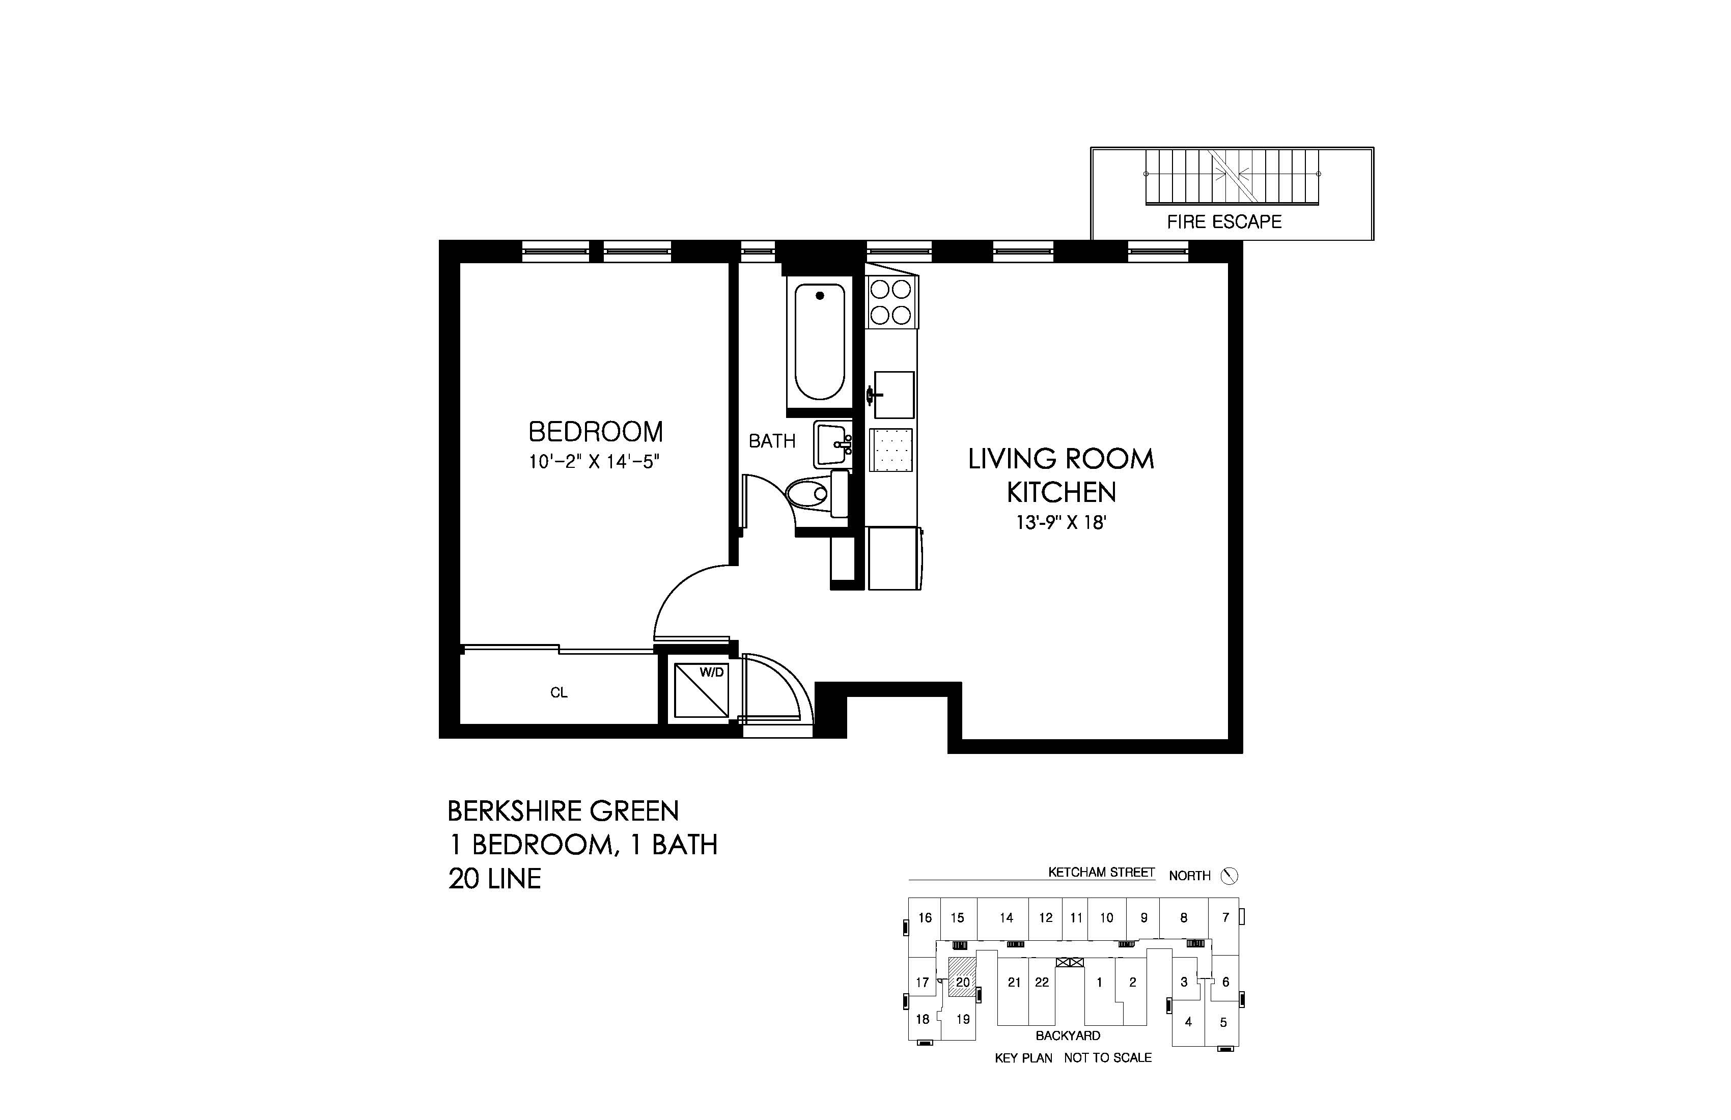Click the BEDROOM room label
click(595, 432)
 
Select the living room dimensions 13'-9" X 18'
click(1060, 522)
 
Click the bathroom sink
click(833, 443)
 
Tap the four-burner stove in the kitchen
click(891, 302)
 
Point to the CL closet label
click(559, 693)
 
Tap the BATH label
click(772, 441)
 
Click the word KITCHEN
click(1060, 492)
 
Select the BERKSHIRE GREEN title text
click(563, 811)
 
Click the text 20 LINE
click(494, 879)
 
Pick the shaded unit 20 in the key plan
click(962, 982)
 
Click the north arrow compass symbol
click(1229, 876)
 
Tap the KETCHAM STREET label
click(1101, 872)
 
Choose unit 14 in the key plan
click(1006, 918)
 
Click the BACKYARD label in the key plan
click(1068, 1035)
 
